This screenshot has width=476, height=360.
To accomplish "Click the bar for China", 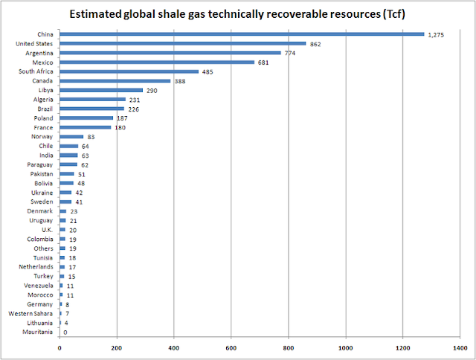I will point(242,33).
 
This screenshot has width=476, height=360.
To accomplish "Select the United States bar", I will point(182,43).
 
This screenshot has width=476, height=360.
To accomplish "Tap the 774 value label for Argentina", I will point(291,53).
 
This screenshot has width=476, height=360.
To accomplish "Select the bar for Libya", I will point(101,90).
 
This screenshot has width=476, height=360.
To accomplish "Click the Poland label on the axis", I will point(43,118).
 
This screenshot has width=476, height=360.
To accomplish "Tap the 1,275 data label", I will point(437,34).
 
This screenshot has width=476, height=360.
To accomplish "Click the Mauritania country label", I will point(35,332).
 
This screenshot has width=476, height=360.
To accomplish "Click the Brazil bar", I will point(91,109).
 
